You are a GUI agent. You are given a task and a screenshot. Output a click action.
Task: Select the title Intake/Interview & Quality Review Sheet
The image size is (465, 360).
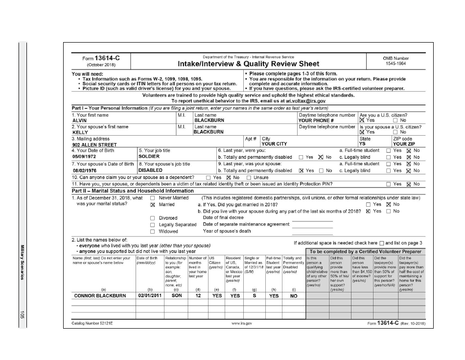[x=248, y=64]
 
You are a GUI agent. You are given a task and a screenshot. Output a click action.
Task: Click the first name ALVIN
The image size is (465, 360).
[x=80, y=120]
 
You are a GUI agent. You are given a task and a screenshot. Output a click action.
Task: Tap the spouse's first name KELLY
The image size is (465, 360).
[x=80, y=132]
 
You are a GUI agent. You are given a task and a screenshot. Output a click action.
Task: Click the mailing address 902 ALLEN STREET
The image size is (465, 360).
[x=94, y=144]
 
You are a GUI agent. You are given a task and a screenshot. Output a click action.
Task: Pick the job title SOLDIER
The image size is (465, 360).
[x=150, y=157]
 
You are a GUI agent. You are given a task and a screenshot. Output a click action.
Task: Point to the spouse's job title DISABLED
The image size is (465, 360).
[x=151, y=170]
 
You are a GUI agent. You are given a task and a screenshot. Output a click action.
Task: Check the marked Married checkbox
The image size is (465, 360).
[x=153, y=204]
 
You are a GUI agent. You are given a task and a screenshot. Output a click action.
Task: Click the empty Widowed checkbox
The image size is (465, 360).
[x=153, y=231]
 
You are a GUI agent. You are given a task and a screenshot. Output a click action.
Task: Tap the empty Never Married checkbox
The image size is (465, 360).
[x=153, y=198]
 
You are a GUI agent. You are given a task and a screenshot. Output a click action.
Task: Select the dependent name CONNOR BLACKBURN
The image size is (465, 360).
[x=100, y=296]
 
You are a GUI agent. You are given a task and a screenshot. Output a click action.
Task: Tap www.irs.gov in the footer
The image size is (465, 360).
[x=242, y=324]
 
